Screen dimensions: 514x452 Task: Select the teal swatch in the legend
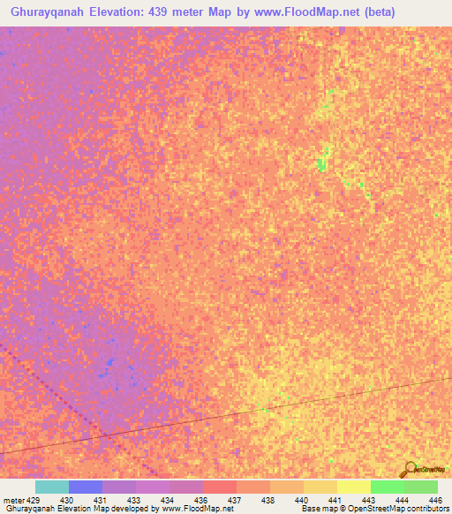click(52, 487)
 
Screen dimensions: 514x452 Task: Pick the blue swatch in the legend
click(86, 487)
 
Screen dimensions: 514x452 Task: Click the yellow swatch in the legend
click(354, 487)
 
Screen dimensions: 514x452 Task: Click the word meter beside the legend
click(13, 500)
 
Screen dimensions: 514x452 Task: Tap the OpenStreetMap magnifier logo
click(408, 469)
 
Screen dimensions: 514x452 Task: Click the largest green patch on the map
click(322, 162)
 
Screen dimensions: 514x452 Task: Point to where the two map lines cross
click(104, 435)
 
